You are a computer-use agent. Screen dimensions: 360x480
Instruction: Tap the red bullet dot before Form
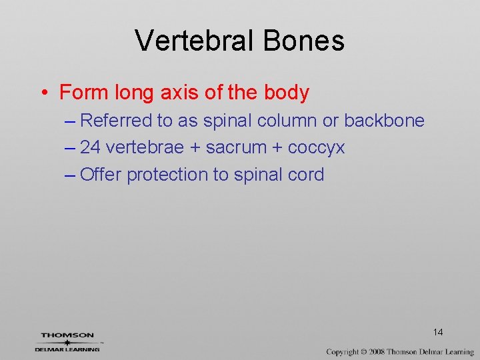click(x=43, y=93)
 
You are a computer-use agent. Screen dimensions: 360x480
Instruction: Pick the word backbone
click(x=384, y=121)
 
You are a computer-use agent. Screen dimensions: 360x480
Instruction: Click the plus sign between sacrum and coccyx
click(x=278, y=148)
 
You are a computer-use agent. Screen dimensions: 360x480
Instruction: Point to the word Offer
click(x=101, y=175)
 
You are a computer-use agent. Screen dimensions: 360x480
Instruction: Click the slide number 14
click(x=438, y=332)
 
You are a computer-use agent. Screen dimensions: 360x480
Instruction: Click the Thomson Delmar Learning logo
click(x=67, y=341)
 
